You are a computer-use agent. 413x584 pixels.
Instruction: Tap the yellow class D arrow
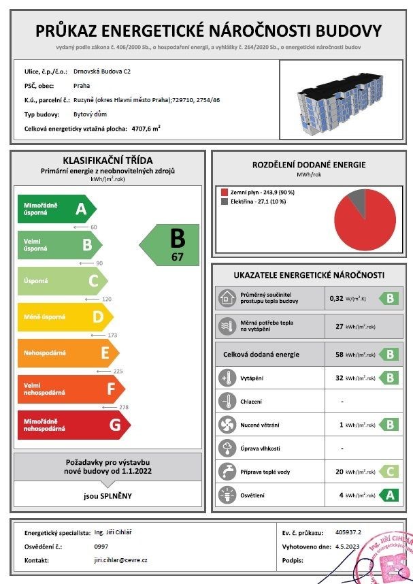point(65,317)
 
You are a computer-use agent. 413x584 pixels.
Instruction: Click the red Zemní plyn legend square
point(223,193)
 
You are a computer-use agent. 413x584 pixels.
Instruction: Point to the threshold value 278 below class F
point(124,407)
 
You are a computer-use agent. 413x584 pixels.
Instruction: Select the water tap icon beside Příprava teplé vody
point(226,471)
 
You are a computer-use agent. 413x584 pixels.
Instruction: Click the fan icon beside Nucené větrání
point(226,425)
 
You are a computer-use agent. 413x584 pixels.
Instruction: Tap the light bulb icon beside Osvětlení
point(226,495)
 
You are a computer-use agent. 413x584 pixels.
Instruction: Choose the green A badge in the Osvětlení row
point(389,495)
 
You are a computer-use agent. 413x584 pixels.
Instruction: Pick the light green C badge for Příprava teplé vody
point(389,471)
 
